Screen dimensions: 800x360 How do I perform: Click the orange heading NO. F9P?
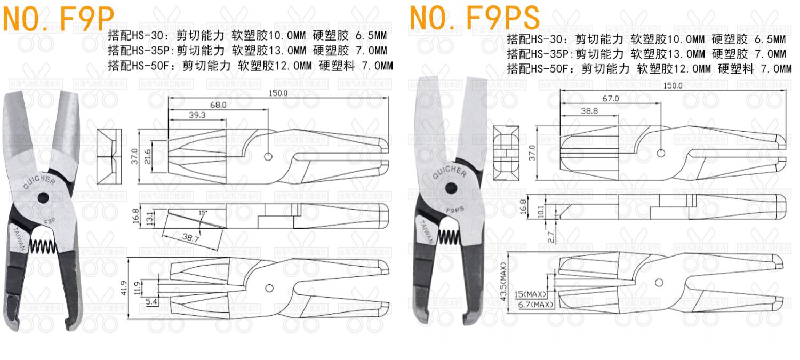59,19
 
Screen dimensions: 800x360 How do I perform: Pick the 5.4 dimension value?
151,302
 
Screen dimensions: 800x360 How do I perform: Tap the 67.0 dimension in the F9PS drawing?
610,99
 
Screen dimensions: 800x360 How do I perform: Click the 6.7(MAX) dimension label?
536,305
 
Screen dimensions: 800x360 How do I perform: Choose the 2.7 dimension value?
551,235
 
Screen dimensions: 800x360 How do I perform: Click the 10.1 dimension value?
542,212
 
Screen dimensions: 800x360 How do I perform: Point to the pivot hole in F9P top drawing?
268,157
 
